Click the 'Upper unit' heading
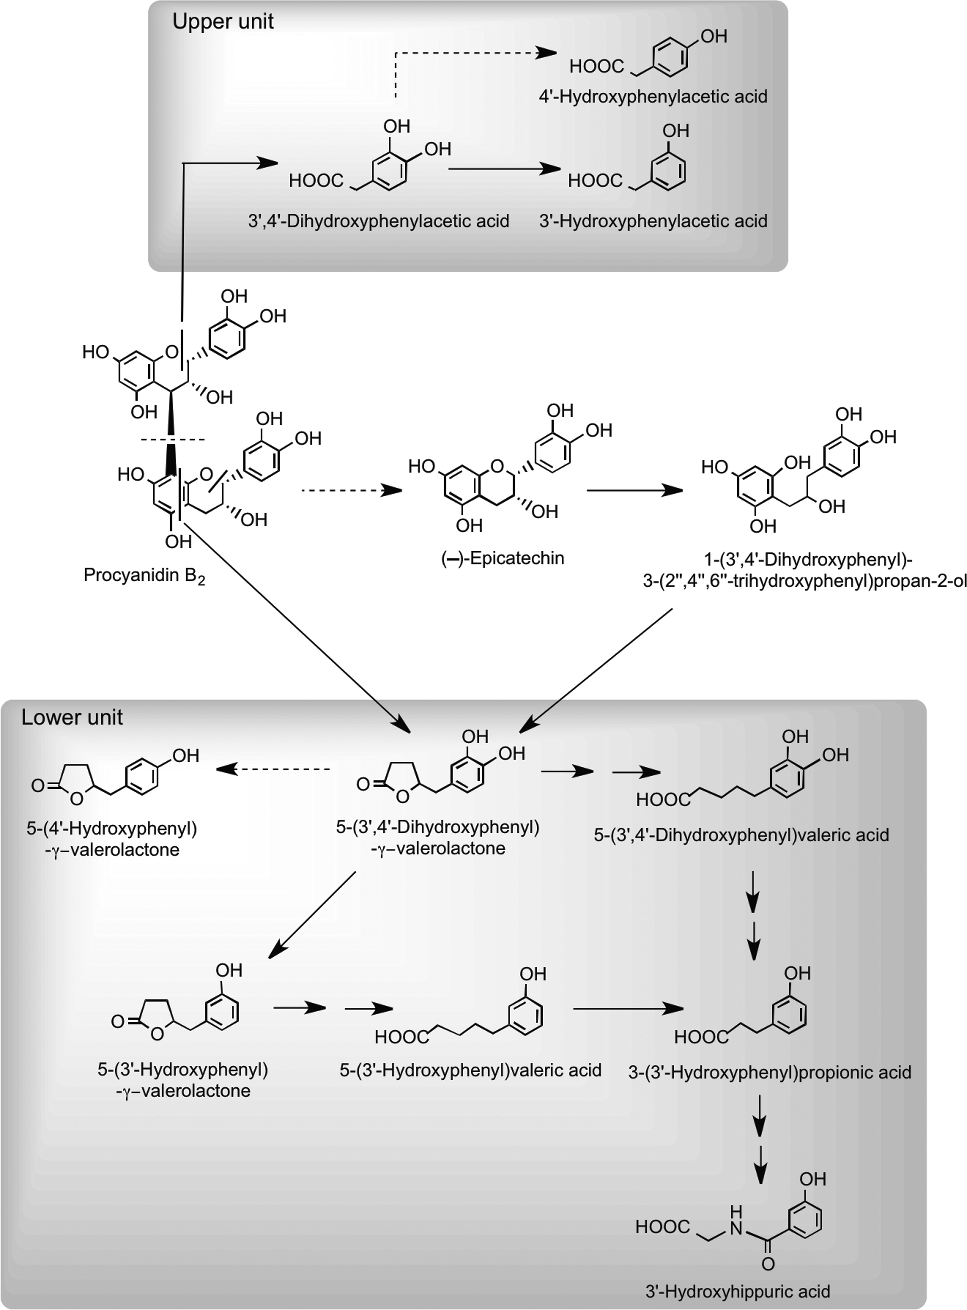pos(223,22)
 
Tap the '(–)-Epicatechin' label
pos(502,558)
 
